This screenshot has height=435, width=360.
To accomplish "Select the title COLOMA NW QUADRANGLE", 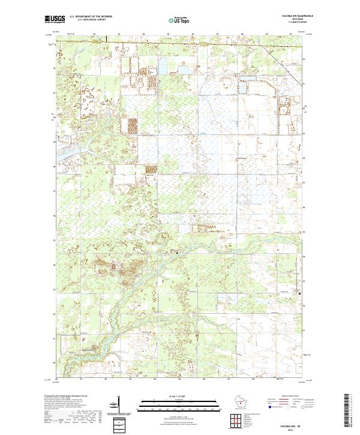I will pyautogui.click(x=293, y=16).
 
